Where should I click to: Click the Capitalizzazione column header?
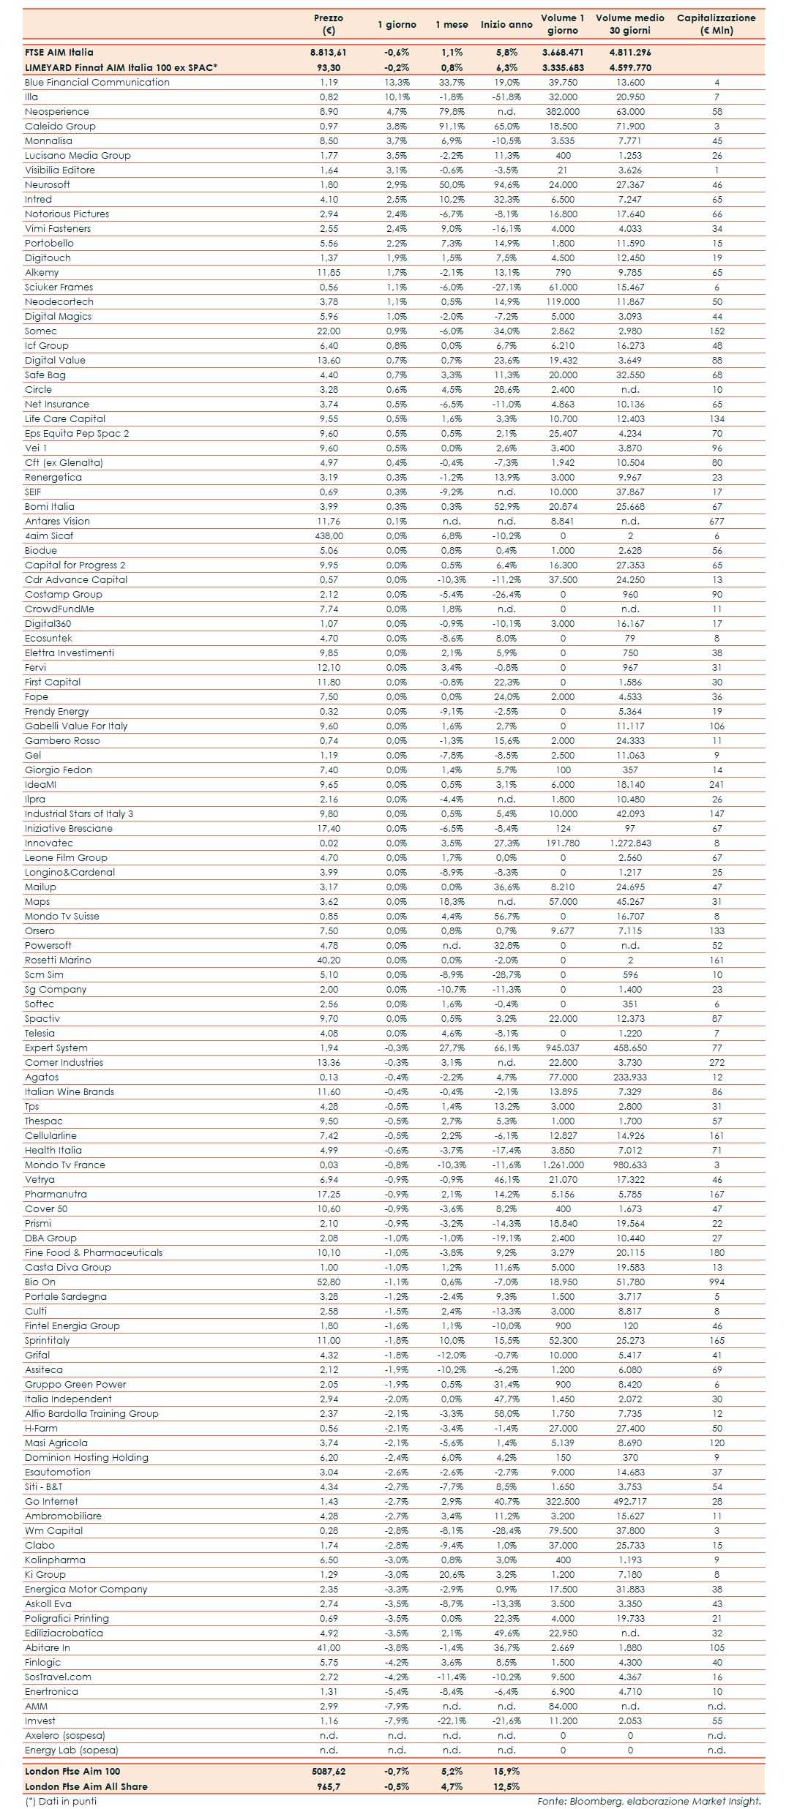[716, 24]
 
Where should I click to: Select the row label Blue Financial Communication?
[97, 83]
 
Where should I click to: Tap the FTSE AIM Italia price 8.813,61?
[328, 53]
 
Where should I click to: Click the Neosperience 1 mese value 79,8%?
[452, 112]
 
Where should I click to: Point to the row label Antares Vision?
[57, 522]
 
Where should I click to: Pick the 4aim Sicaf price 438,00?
[329, 536]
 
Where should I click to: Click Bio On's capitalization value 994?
[716, 1282]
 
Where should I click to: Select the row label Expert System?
[56, 1048]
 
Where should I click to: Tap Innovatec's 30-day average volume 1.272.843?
[629, 843]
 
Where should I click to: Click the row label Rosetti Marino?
[58, 960]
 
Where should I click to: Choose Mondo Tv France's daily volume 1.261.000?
[563, 1165]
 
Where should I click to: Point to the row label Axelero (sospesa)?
[64, 1736]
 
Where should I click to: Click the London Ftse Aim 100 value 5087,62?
[328, 1772]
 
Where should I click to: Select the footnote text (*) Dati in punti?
[60, 1801]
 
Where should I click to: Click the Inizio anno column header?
[506, 24]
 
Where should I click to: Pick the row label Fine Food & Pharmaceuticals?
[94, 1253]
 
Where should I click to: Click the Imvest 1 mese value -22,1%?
[452, 1721]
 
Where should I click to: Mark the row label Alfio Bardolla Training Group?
[91, 1414]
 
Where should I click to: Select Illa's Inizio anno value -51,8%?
[506, 97]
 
